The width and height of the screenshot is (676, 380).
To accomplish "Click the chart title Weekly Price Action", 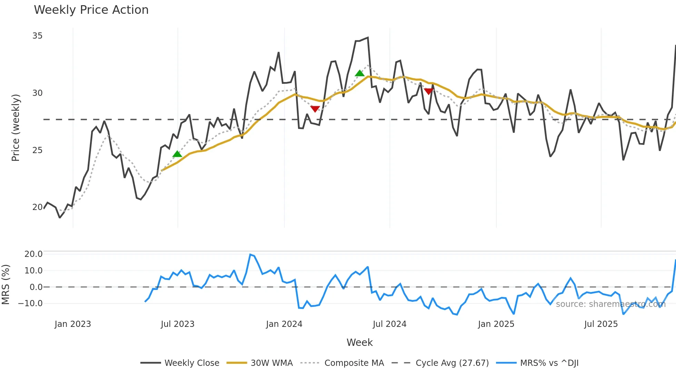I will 91,10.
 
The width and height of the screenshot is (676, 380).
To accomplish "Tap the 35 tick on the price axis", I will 37,36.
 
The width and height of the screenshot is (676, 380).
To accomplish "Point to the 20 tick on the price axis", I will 37,207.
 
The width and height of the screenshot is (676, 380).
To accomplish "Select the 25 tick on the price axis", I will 37,150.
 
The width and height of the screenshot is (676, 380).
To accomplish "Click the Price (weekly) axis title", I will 16,128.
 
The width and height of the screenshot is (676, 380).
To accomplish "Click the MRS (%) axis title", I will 6,284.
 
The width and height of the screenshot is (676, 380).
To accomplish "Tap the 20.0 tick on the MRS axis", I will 33,254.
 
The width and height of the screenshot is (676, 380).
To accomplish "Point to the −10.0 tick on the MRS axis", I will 30,303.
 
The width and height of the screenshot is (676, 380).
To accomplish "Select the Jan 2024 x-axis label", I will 284,324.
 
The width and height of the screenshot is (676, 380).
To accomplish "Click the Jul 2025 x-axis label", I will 601,324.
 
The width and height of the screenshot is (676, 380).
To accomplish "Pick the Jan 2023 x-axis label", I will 73,324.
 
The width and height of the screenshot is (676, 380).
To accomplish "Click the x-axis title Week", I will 359,342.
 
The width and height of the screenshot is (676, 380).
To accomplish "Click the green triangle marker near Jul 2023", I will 177,154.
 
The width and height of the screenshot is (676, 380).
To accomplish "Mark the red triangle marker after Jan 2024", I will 315,109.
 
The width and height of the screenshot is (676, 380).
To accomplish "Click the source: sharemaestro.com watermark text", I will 610,304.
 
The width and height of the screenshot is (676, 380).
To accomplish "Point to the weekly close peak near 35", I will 368,38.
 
